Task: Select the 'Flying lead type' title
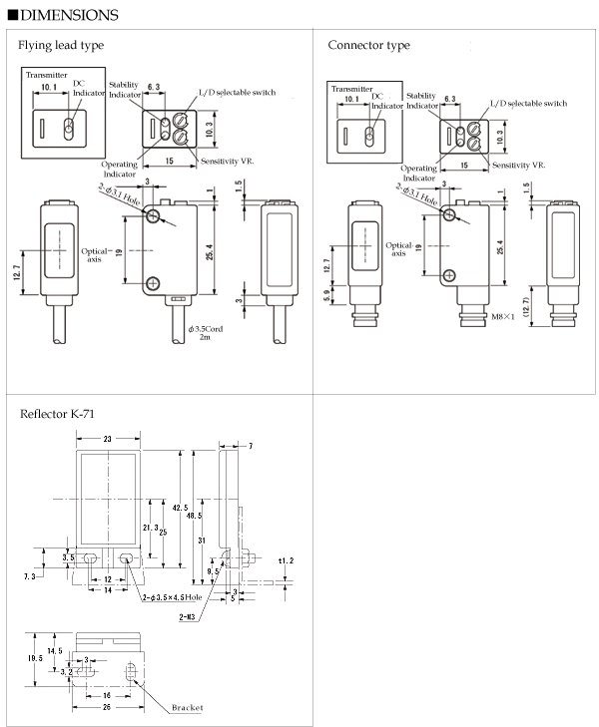[x=61, y=45]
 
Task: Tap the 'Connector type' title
[x=368, y=45]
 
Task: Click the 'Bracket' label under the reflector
[x=186, y=707]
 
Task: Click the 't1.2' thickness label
[x=287, y=560]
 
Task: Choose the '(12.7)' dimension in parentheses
[x=529, y=304]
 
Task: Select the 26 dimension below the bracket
[x=107, y=707]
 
